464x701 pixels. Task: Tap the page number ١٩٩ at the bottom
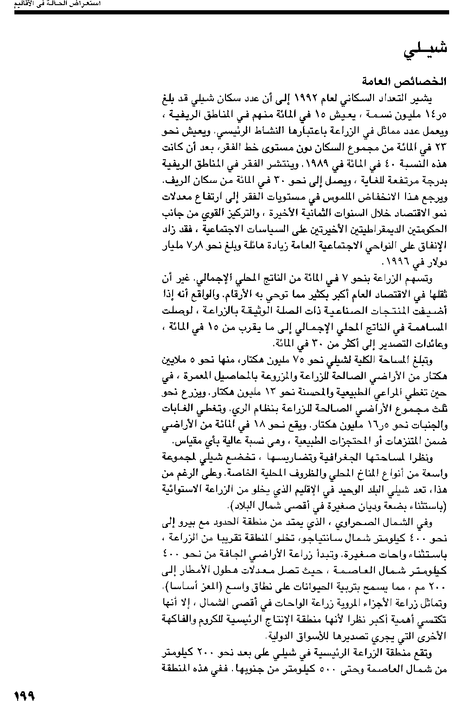[24, 695]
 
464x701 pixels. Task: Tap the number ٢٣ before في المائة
[440, 148]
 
